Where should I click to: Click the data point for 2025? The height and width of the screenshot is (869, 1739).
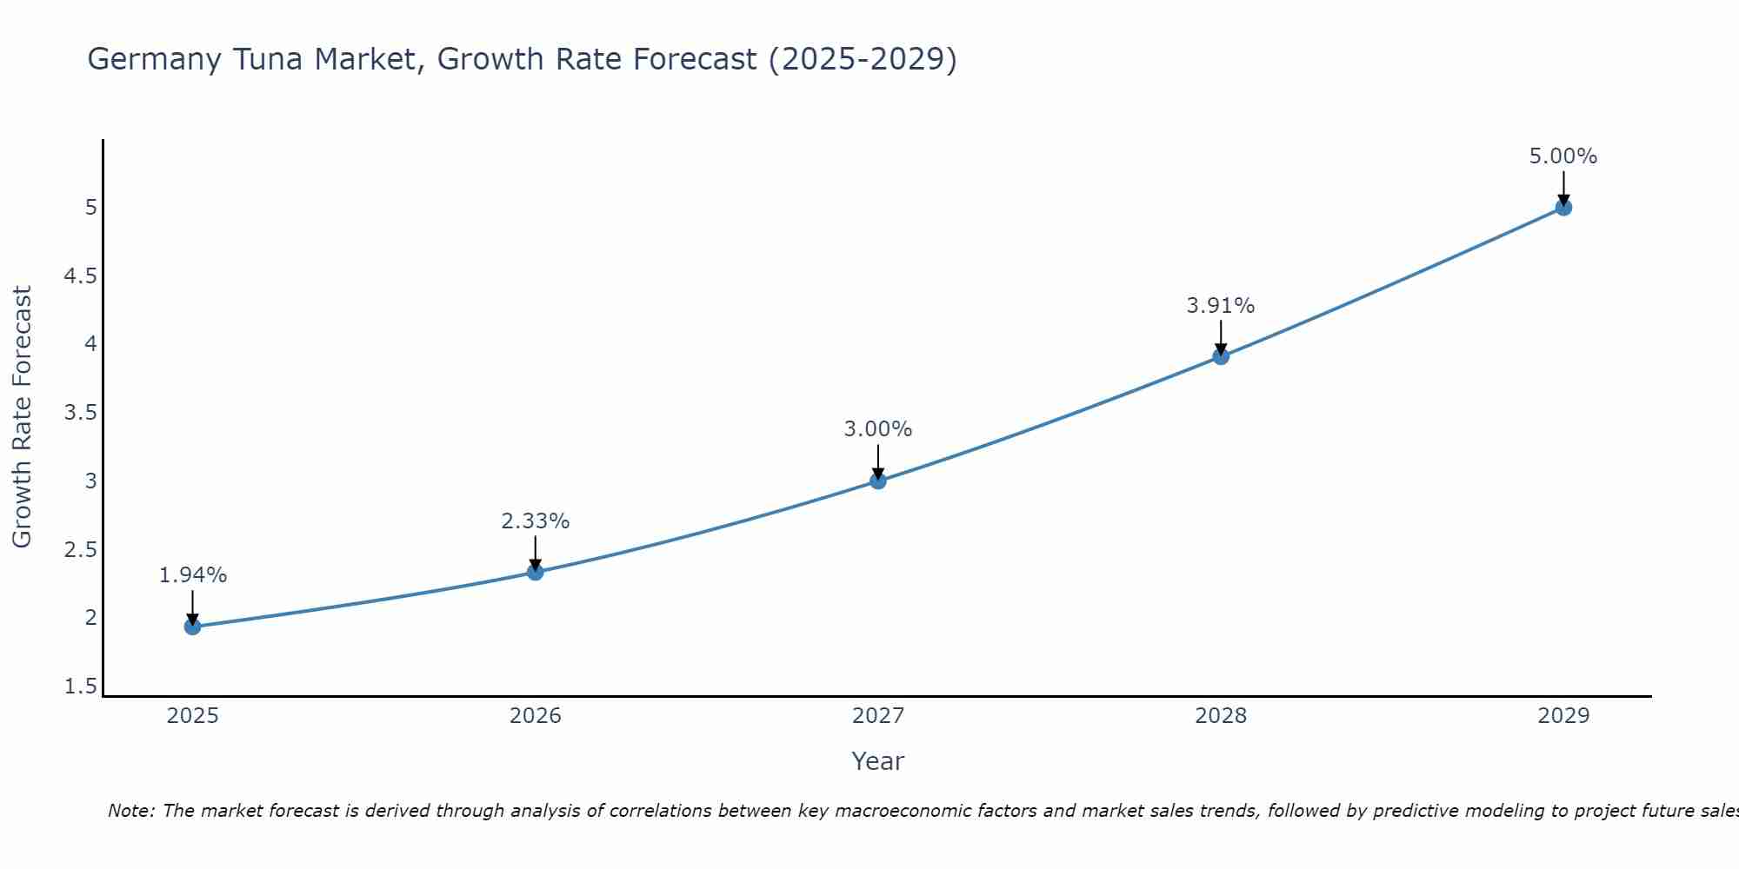[193, 627]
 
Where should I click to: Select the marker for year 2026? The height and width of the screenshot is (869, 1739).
[536, 572]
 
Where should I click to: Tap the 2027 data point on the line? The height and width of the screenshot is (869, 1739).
[878, 481]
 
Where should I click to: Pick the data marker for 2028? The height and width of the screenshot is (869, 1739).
[1221, 356]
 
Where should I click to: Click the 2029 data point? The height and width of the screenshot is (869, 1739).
[1563, 208]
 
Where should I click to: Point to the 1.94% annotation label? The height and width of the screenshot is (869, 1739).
[193, 575]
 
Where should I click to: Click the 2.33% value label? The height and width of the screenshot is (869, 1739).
[536, 521]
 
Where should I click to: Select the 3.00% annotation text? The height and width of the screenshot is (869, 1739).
[878, 429]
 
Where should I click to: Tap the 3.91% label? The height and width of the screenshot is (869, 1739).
[1221, 306]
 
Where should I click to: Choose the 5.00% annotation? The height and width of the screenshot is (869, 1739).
[1563, 156]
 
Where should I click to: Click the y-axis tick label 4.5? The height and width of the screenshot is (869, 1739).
[80, 276]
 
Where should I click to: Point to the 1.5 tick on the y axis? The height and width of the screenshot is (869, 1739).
[80, 687]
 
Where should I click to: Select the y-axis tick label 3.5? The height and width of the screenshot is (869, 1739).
[80, 413]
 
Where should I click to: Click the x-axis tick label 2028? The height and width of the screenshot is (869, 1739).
[1221, 716]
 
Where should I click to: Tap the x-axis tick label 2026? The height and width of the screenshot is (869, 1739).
[536, 716]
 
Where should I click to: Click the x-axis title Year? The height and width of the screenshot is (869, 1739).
[878, 761]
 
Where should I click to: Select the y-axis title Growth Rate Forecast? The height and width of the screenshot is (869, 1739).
[22, 417]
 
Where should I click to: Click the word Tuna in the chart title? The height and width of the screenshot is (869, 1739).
[353, 59]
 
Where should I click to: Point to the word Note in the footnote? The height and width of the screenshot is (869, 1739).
[130, 811]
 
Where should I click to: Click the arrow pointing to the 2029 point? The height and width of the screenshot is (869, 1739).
[1563, 186]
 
